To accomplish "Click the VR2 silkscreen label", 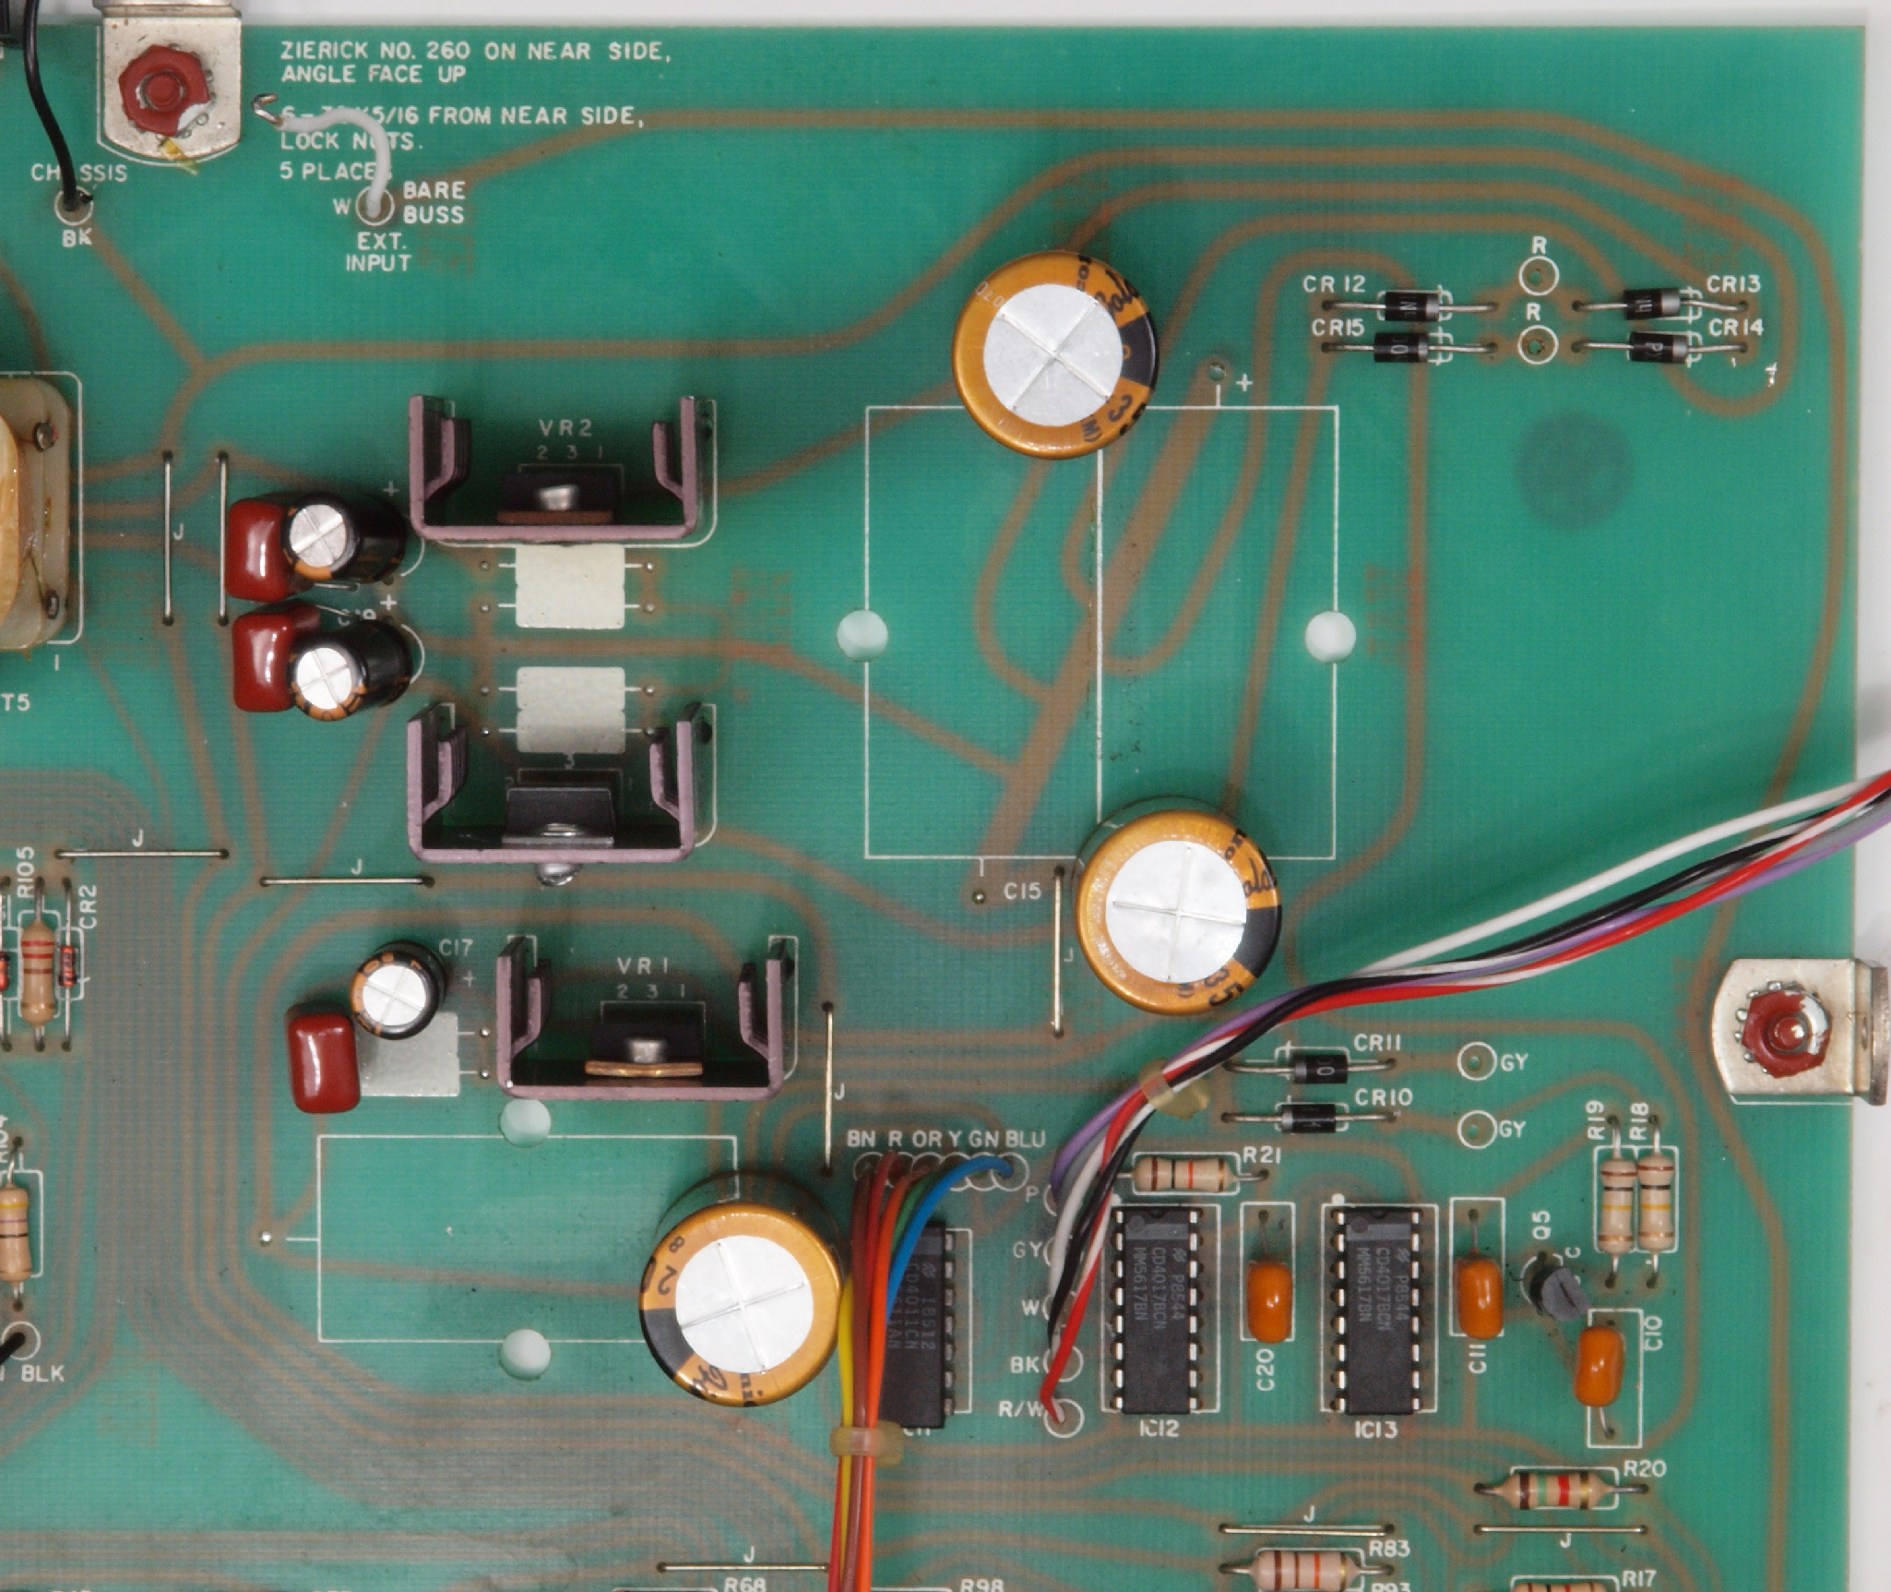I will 566,428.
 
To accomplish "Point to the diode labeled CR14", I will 1658,348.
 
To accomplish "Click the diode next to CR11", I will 1312,1068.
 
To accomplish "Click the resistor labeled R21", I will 1184,1175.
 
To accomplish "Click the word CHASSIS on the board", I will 78,173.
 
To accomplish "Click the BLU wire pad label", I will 1025,1139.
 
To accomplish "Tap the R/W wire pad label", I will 1021,1409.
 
